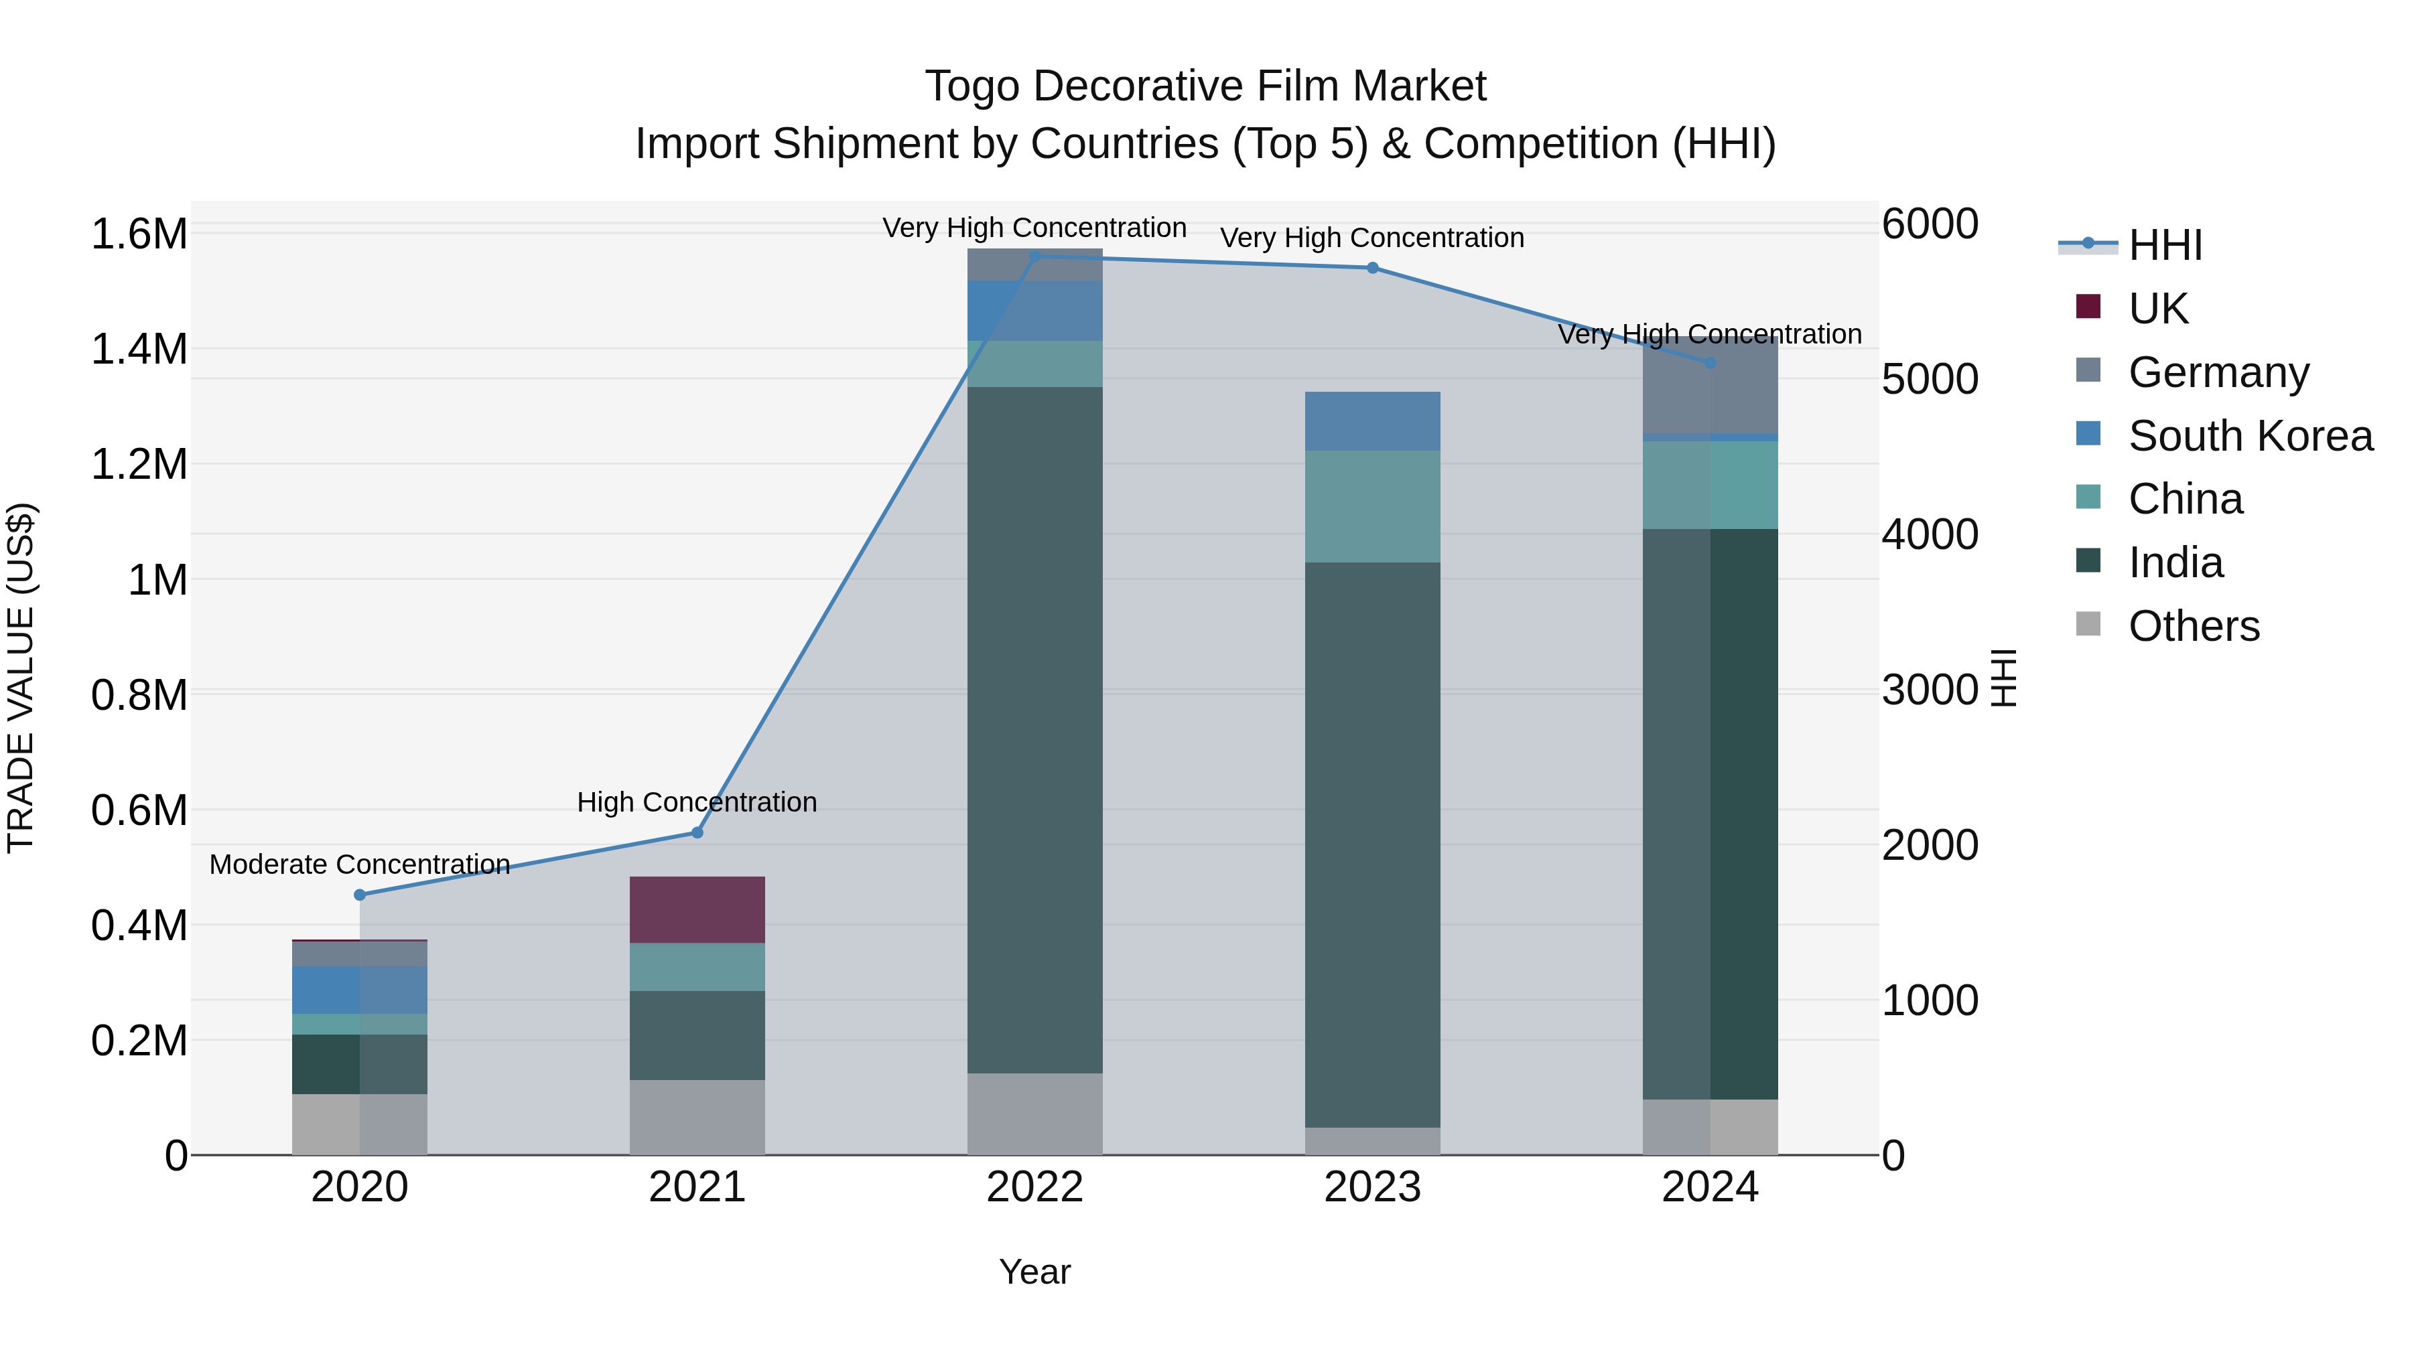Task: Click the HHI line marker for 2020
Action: [360, 895]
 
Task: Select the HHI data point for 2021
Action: [697, 832]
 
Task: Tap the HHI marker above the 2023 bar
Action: [1373, 268]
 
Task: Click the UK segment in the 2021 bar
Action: [697, 909]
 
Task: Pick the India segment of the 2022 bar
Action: [1034, 730]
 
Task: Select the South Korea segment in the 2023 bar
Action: [1373, 421]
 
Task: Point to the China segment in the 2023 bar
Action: [1373, 506]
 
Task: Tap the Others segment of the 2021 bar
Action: [697, 1118]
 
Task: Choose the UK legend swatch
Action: [2088, 307]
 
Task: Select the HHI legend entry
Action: [2164, 245]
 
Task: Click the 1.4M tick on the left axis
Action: [139, 350]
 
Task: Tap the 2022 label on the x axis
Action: [1034, 1187]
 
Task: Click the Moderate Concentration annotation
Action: [360, 864]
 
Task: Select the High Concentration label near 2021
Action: [697, 802]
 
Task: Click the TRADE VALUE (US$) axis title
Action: [21, 678]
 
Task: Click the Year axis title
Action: [1034, 1272]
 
